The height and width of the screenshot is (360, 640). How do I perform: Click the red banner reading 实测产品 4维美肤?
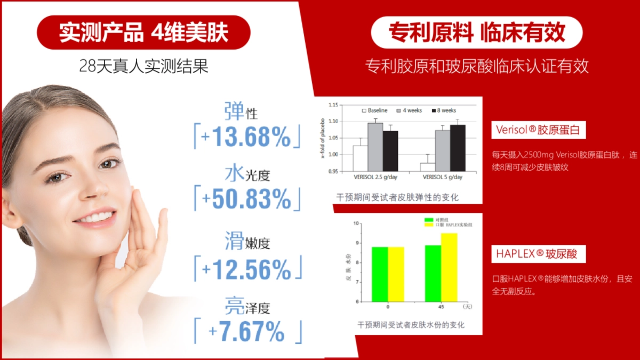click(143, 33)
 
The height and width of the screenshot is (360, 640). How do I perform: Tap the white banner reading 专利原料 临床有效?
click(476, 33)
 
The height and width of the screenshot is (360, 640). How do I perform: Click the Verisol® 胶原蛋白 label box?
click(539, 130)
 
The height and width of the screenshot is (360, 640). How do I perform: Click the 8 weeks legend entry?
click(444, 110)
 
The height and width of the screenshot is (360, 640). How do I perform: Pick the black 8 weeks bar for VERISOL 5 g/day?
click(457, 148)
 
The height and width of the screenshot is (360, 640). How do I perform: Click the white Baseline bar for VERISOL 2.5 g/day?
click(360, 158)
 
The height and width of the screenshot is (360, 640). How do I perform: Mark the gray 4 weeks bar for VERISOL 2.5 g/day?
click(375, 147)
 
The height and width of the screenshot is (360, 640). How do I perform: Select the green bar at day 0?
click(380, 274)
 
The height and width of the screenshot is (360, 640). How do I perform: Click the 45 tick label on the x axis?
click(441, 307)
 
